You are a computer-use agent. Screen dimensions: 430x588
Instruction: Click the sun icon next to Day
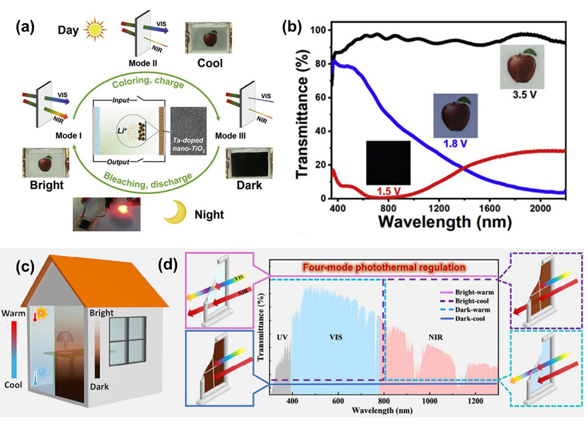click(x=94, y=30)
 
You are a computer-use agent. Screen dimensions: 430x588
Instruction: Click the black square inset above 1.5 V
click(x=388, y=162)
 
